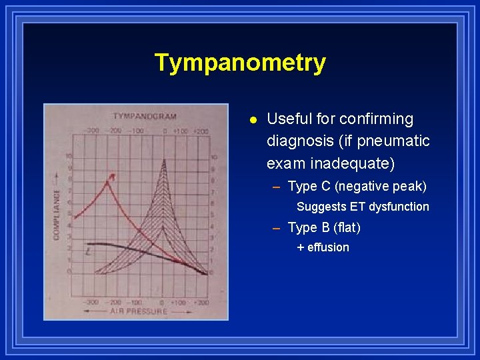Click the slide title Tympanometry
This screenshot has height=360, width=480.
pos(240,63)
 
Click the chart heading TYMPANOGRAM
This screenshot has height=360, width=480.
pos(144,116)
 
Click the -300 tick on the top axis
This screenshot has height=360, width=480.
pos(93,131)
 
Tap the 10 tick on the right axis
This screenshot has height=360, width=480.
pos(213,157)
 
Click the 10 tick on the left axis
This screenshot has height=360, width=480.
pos(69,157)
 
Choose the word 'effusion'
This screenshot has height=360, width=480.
pos(328,247)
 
